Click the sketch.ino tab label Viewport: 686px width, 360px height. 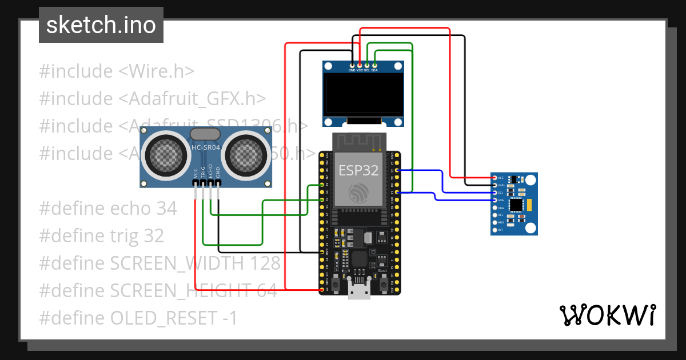(x=101, y=25)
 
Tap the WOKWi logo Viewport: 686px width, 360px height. (x=607, y=315)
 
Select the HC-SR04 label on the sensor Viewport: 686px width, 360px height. (x=205, y=147)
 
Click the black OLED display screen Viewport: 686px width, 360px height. (x=363, y=93)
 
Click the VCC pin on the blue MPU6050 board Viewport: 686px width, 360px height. (x=494, y=178)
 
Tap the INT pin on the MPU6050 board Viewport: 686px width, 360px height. (x=494, y=230)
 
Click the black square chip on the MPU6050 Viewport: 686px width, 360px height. (x=517, y=204)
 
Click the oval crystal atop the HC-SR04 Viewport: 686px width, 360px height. (x=205, y=134)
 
